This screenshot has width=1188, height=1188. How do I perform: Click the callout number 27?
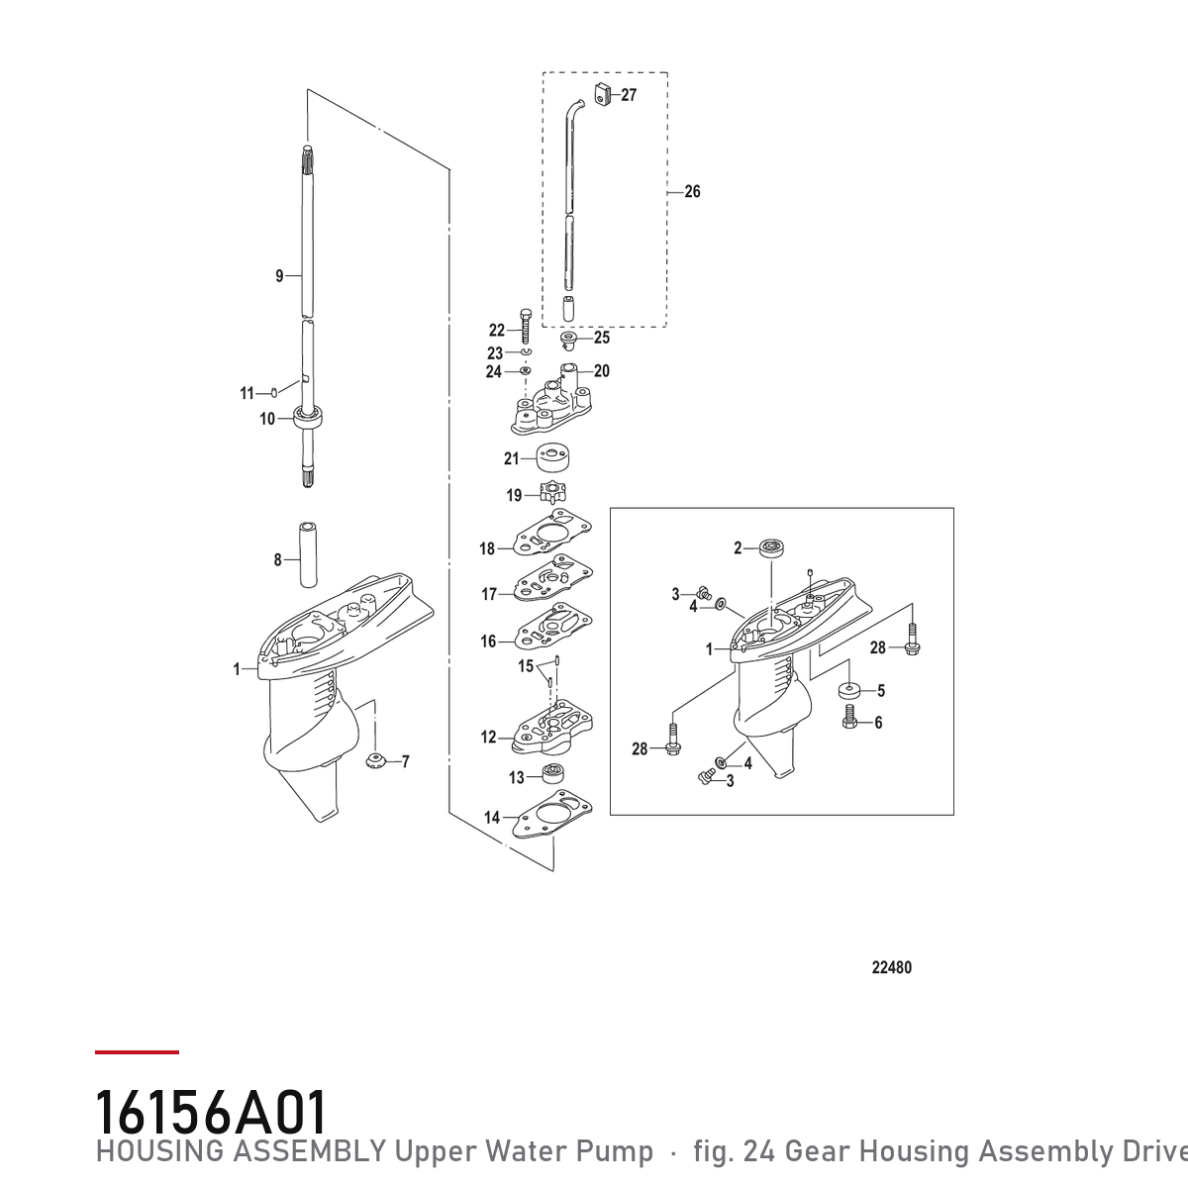pos(629,95)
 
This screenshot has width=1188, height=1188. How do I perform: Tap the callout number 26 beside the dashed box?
pos(692,192)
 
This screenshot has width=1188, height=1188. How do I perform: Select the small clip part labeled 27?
pos(602,94)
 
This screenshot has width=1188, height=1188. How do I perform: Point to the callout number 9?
pos(279,275)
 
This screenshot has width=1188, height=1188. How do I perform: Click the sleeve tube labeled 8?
pos(308,554)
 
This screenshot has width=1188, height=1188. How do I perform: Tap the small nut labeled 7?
pos(373,760)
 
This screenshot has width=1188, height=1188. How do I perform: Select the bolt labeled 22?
pos(526,325)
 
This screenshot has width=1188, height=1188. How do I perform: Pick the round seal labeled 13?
pos(553,774)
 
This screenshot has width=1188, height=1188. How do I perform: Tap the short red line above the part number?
pos(137,1052)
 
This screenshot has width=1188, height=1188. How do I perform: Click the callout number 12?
pos(488,737)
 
